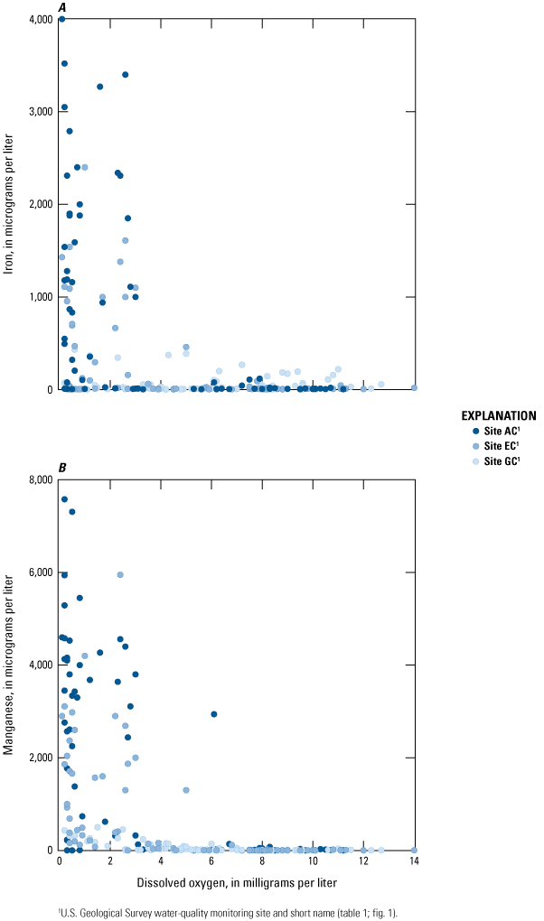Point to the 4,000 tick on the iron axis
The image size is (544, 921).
click(x=40, y=19)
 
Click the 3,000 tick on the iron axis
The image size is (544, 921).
click(x=40, y=112)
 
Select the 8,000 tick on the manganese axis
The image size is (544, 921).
click(x=40, y=479)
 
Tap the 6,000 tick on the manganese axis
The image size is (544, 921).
click(x=40, y=572)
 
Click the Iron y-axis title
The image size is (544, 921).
click(x=11, y=204)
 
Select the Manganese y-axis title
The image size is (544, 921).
click(x=11, y=665)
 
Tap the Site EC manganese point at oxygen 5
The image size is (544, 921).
click(x=186, y=790)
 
